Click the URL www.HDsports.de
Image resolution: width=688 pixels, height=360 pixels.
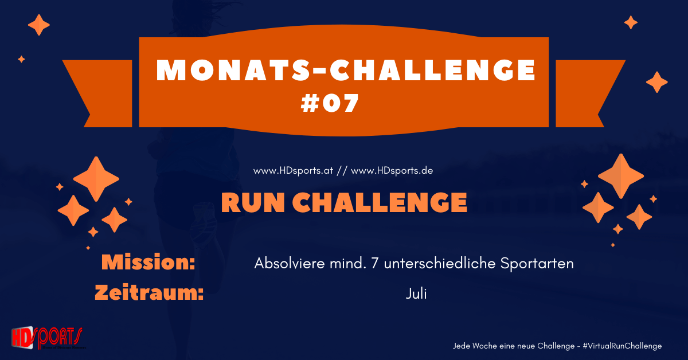[392, 171]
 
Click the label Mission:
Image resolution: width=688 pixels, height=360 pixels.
[148, 263]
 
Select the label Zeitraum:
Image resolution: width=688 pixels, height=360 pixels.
[149, 293]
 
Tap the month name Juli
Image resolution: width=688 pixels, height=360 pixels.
[416, 294]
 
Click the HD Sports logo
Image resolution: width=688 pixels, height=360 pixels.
[47, 338]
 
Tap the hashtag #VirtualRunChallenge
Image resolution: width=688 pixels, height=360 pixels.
[621, 346]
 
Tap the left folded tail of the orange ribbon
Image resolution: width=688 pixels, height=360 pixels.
[95, 92]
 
